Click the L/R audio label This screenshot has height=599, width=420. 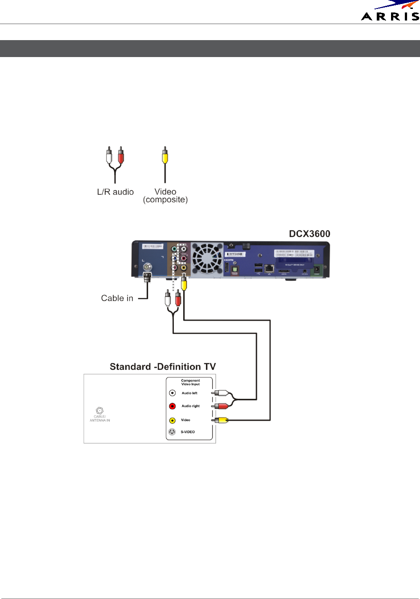(115, 192)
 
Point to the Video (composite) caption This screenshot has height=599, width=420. (165, 196)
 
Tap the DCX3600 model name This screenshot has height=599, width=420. (309, 234)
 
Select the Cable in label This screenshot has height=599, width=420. (117, 298)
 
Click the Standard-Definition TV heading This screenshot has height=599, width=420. (163, 367)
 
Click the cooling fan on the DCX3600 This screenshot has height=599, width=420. (207, 258)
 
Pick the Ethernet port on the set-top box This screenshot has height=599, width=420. (269, 268)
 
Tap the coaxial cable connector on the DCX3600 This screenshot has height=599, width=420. (147, 267)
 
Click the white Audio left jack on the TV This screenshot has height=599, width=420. (173, 393)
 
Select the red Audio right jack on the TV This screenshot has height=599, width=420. (173, 406)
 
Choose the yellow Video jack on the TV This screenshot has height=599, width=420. (173, 420)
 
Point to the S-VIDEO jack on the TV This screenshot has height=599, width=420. (172, 432)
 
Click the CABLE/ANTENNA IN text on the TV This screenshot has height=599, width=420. (99, 418)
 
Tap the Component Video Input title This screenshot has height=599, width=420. (190, 382)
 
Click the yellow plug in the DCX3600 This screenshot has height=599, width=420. (184, 283)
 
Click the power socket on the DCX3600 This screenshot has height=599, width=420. (317, 269)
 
